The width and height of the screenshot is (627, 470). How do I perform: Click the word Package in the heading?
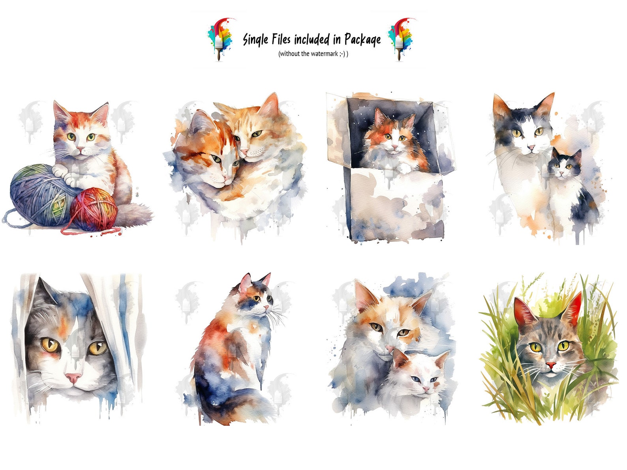(x=362, y=39)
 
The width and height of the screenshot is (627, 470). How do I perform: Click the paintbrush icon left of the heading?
(x=220, y=38)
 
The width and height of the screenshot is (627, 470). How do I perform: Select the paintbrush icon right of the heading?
(x=400, y=38)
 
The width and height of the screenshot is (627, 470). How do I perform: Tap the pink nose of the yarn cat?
(x=80, y=150)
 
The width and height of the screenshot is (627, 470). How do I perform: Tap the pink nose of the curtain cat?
(x=73, y=378)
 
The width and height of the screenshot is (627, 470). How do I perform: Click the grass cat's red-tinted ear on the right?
(x=573, y=308)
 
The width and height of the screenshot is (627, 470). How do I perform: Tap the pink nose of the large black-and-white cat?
(x=531, y=148)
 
